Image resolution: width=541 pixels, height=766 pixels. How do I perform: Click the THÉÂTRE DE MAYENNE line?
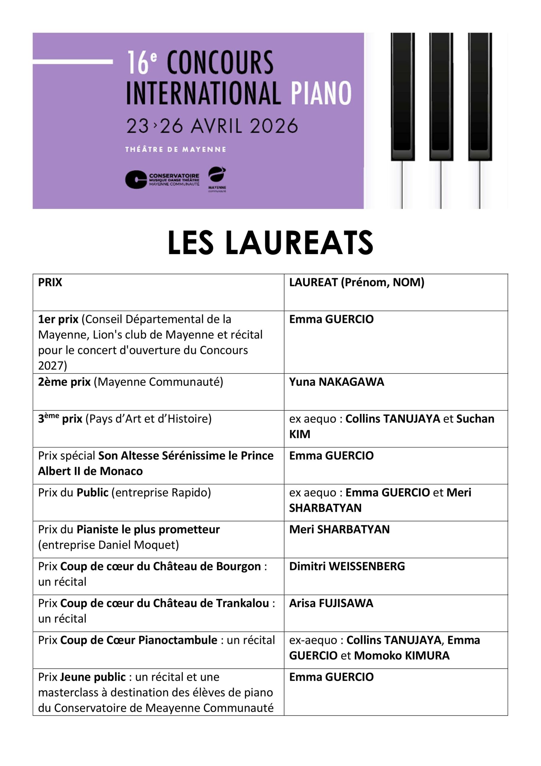(x=175, y=150)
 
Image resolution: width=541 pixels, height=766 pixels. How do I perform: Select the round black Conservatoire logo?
(x=136, y=180)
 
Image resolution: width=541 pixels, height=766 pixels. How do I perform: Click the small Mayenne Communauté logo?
(x=217, y=179)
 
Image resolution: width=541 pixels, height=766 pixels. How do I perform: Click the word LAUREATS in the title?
(x=299, y=243)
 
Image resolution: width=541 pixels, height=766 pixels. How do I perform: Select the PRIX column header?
(x=50, y=282)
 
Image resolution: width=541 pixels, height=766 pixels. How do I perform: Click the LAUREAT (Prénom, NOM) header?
(x=357, y=282)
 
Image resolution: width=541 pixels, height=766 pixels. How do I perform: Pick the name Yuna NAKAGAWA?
(x=336, y=382)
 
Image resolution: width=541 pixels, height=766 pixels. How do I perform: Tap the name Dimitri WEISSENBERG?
(x=347, y=566)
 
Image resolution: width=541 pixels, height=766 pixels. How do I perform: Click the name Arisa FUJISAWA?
(x=331, y=603)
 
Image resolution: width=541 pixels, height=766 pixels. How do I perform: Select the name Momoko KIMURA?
(x=401, y=655)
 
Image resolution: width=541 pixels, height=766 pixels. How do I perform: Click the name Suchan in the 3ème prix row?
(x=475, y=419)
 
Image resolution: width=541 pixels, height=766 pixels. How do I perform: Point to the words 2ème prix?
(x=64, y=382)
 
